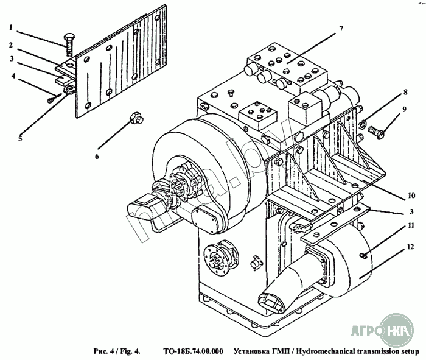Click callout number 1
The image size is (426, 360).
coord(10,28)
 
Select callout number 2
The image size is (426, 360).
coord(10,44)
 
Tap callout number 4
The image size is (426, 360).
coord(13,76)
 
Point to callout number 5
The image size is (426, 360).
coord(20,138)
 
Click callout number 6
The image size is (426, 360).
coord(96,156)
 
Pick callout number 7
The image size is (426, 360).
coord(341,29)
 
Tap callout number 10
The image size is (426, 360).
coord(411,196)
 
